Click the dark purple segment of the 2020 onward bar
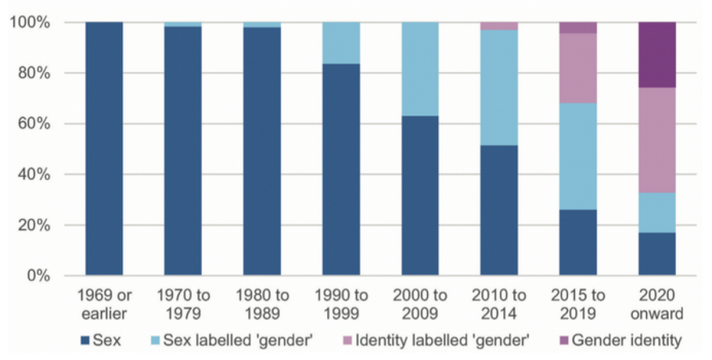tap(657, 55)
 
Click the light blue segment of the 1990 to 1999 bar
tap(341, 43)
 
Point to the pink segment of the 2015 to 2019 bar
tap(578, 68)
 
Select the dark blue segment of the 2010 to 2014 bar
tap(499, 211)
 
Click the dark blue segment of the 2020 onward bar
tap(657, 254)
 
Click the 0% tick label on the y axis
tap(37, 277)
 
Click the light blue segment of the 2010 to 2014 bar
tap(499, 87)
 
